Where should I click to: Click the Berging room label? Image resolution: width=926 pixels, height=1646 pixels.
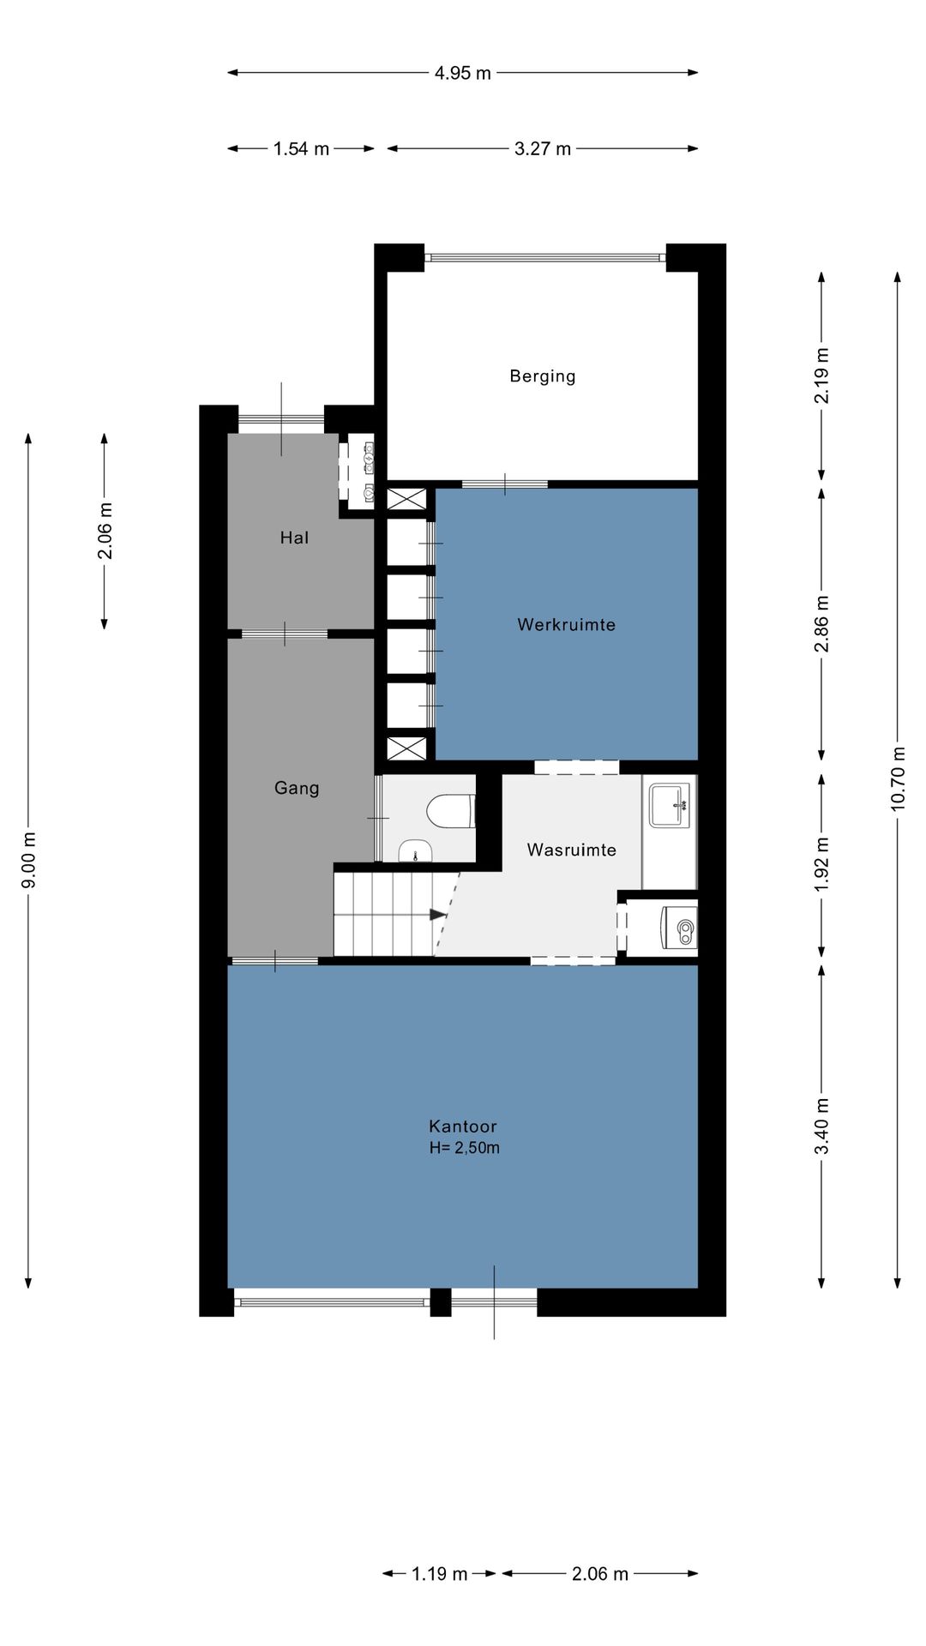542,376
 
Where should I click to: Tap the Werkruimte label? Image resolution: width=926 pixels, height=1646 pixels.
566,625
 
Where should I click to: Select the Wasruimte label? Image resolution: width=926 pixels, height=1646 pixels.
571,850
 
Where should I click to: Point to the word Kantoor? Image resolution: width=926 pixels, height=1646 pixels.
463,1126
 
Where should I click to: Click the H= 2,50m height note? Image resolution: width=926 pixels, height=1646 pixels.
464,1148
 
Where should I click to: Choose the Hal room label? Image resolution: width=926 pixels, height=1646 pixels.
294,538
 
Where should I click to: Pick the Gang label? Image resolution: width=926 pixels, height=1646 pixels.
297,789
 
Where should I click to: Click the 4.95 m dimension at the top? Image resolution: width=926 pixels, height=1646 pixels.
462,73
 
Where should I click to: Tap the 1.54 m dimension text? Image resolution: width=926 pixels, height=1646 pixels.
301,149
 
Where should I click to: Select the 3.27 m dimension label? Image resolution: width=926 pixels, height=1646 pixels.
543,149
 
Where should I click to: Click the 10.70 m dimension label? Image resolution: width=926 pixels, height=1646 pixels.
898,778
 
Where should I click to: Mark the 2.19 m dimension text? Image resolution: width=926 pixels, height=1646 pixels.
821,375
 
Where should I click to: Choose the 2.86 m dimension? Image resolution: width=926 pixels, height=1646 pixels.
821,624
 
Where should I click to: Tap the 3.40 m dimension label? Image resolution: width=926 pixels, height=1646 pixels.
821,1126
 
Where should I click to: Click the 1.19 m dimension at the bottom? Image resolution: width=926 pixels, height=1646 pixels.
439,1574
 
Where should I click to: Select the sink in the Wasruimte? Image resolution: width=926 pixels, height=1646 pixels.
669,805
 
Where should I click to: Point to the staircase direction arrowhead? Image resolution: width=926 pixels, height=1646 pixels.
438,915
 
